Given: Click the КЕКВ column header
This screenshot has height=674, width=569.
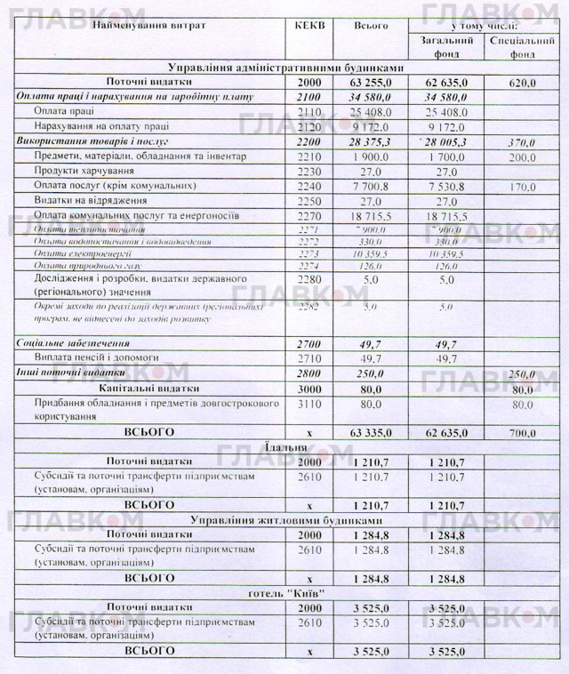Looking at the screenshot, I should click(308, 26).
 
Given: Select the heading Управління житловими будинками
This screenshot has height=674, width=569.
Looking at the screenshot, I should click(285, 519).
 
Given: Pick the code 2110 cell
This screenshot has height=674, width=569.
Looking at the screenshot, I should click(308, 112).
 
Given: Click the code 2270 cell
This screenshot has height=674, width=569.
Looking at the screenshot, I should click(308, 216).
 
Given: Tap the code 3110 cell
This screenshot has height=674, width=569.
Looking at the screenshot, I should click(308, 403).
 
